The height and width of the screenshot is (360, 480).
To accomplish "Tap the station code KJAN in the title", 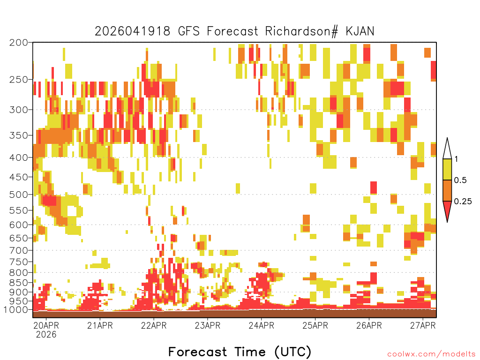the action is pyautogui.click(x=360, y=31).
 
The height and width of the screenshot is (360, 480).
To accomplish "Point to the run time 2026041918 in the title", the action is pyautogui.click(x=132, y=31).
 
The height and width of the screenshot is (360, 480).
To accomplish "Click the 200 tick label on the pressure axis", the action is pyautogui.click(x=19, y=43).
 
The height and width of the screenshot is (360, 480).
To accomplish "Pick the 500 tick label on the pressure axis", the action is pyautogui.click(x=19, y=195).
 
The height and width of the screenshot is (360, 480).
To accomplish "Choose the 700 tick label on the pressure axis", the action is pyautogui.click(x=19, y=250).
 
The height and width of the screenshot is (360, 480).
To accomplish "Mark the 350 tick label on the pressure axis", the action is pyautogui.click(x=19, y=135).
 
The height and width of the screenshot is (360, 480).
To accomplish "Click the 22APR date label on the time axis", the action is pyautogui.click(x=154, y=325).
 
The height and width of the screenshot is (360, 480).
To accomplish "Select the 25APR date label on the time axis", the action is pyautogui.click(x=315, y=325).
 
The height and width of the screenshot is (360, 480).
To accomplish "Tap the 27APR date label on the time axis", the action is pyautogui.click(x=423, y=325).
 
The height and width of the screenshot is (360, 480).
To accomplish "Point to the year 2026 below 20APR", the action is pyautogui.click(x=46, y=335).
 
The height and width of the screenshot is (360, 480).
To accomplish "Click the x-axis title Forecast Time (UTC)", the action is pyautogui.click(x=240, y=352).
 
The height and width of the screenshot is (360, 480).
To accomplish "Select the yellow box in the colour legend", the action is pyautogui.click(x=447, y=169).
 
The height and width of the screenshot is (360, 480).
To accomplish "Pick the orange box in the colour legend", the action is pyautogui.click(x=447, y=190).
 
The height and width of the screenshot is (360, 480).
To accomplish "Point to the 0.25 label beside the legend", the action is pyautogui.click(x=463, y=201).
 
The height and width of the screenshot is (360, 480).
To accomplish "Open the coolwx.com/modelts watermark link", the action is pyautogui.click(x=431, y=354).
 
